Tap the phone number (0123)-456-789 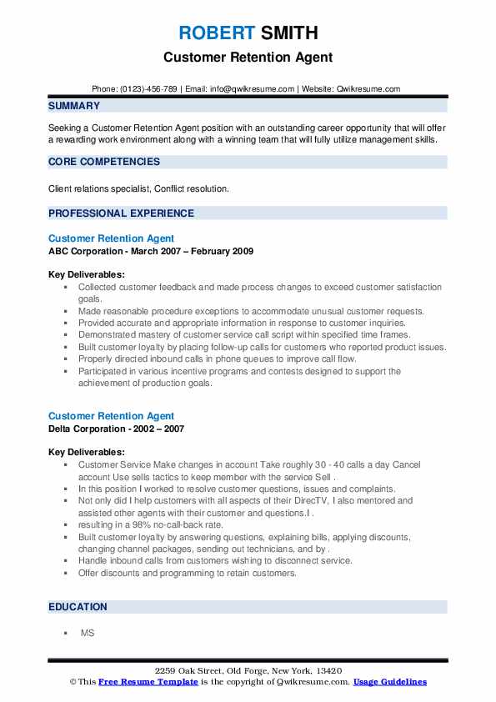(151, 89)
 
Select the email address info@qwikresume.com (253, 89)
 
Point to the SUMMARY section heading (74, 107)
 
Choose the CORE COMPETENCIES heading (104, 162)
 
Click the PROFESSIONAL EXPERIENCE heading (121, 213)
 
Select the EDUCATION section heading (78, 607)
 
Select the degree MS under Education (87, 634)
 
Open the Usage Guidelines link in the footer (389, 682)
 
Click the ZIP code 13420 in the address (328, 671)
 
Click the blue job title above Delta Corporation (111, 416)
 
